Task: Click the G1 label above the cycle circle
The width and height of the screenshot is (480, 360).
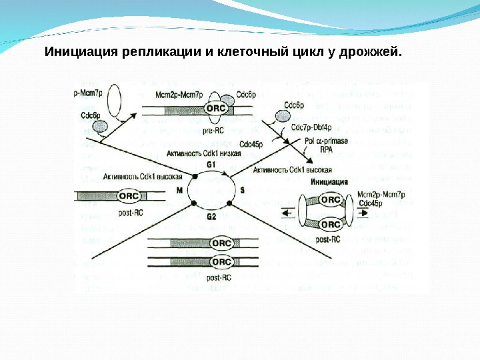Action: (x=212, y=164)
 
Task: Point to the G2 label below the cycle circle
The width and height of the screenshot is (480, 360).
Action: (x=212, y=217)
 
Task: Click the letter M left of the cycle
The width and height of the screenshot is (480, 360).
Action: (x=179, y=190)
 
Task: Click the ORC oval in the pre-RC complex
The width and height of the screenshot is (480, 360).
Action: (x=215, y=108)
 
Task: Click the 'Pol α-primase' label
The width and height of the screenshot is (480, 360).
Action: (x=327, y=143)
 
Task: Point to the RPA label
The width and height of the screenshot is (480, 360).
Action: (x=327, y=151)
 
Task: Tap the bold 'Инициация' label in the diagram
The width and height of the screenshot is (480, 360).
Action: (x=329, y=181)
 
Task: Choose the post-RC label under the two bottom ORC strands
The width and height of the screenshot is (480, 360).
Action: (x=219, y=277)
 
